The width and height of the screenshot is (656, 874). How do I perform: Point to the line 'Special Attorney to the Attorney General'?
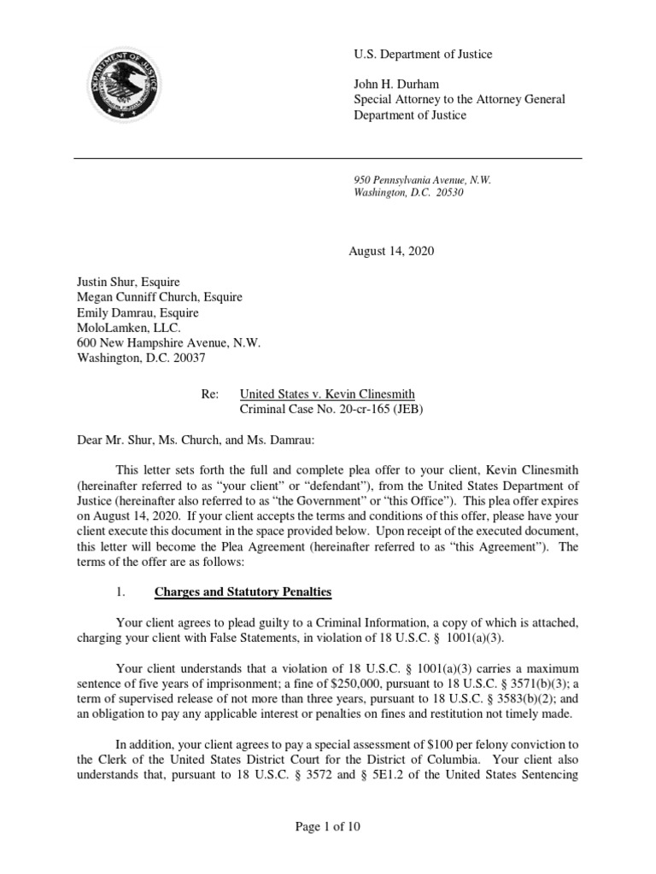[x=460, y=99]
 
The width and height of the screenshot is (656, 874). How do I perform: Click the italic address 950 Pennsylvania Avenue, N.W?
[x=423, y=180]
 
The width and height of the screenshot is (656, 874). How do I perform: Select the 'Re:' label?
[x=210, y=394]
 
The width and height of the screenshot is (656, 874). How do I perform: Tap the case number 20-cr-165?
[x=361, y=409]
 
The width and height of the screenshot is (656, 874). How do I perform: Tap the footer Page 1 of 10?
[x=328, y=826]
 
